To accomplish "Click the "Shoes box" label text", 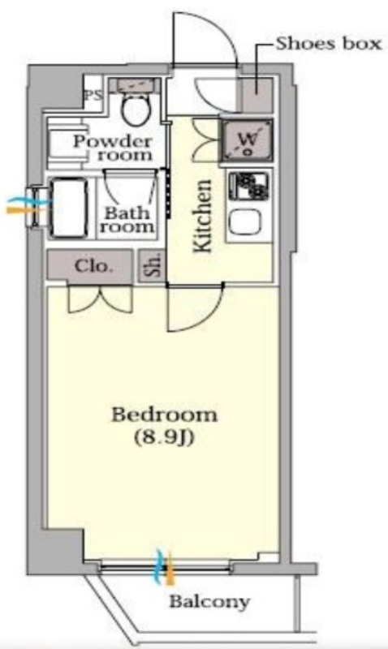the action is coord(329,44).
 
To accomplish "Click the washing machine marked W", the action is coord(248,140).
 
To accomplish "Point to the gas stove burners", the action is coord(249,187).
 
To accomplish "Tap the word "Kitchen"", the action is coord(203,216).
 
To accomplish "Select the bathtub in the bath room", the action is coord(70,208).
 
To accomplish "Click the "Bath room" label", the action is coord(127,220).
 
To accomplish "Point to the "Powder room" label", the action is coord(113,148).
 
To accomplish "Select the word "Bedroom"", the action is coord(165,415).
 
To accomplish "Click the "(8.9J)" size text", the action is coord(165,437).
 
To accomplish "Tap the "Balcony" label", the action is coord(209,601).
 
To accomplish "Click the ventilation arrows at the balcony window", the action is coord(164,567).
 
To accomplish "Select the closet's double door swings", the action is coord(100,299).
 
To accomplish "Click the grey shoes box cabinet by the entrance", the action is coord(257,95).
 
